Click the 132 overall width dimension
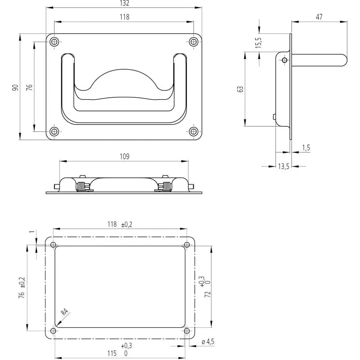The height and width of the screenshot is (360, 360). (125, 3)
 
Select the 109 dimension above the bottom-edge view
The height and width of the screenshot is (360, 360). (125, 156)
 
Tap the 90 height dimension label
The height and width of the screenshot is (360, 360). (15, 87)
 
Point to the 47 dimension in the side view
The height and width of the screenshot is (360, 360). (319, 17)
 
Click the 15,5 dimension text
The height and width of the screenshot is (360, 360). (258, 42)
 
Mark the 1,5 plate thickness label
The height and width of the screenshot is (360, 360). (306, 148)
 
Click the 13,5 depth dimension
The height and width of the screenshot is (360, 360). (284, 166)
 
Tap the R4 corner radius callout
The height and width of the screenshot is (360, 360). (65, 312)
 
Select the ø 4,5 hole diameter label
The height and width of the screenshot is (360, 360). (208, 342)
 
